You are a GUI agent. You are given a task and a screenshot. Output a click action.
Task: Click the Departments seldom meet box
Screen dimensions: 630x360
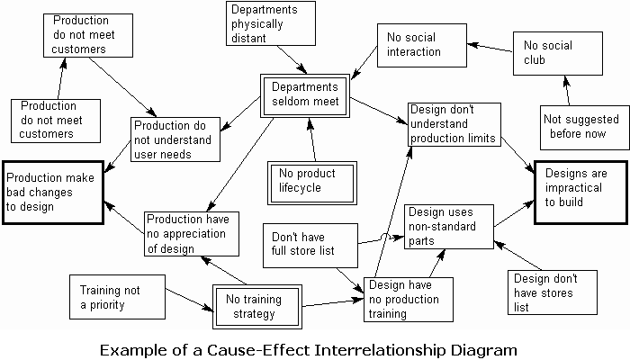click(x=305, y=95)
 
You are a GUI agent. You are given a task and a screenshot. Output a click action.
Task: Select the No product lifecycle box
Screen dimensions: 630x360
click(x=312, y=184)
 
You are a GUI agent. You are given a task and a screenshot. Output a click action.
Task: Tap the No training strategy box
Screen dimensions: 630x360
click(x=257, y=307)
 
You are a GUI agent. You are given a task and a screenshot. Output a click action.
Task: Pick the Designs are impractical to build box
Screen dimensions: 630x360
click(x=581, y=192)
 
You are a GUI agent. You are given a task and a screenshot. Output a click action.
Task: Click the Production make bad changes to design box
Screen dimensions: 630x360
click(x=53, y=193)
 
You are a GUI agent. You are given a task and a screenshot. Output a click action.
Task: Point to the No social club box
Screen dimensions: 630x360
click(x=558, y=53)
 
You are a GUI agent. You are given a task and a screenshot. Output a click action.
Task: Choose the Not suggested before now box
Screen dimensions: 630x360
click(x=585, y=128)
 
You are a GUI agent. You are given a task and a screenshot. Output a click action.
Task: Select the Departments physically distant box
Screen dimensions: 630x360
click(x=271, y=23)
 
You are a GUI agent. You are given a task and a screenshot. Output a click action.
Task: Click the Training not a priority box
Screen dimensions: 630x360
click(x=117, y=297)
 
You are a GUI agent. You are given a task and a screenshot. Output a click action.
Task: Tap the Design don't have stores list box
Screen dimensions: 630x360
click(x=553, y=292)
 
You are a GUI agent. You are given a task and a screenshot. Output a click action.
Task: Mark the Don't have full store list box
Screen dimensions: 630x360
click(x=310, y=246)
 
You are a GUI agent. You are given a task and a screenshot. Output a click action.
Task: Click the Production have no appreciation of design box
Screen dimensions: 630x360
click(x=192, y=234)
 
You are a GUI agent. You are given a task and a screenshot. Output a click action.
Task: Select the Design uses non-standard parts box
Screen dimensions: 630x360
click(x=449, y=227)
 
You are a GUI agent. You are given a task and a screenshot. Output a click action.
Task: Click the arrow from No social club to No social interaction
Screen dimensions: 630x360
click(x=490, y=48)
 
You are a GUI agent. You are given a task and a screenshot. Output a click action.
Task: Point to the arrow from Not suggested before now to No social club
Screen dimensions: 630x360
click(x=567, y=90)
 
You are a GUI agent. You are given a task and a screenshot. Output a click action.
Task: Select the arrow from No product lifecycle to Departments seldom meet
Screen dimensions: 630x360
click(x=311, y=139)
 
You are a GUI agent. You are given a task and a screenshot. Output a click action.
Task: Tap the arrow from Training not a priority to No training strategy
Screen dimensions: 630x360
click(x=189, y=300)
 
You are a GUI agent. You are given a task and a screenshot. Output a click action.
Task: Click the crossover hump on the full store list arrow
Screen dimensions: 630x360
click(x=384, y=236)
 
